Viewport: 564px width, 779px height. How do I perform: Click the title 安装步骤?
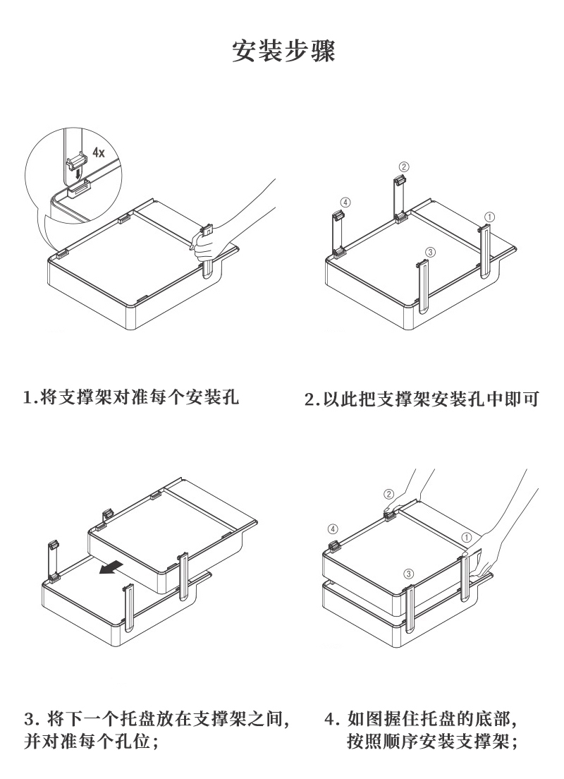(x=283, y=52)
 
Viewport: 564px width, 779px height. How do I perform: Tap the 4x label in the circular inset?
(x=99, y=152)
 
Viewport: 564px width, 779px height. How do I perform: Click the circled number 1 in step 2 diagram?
(x=490, y=216)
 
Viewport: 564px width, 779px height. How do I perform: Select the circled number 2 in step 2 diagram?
(x=403, y=167)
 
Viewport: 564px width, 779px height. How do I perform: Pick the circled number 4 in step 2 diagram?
(x=344, y=203)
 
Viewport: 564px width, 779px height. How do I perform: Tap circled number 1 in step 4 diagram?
(x=466, y=537)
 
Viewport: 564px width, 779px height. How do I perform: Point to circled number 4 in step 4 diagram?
(x=333, y=529)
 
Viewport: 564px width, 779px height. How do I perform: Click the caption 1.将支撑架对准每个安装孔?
(x=131, y=397)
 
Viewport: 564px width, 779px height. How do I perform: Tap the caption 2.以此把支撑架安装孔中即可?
(x=422, y=399)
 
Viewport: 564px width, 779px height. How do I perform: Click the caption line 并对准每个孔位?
(x=90, y=743)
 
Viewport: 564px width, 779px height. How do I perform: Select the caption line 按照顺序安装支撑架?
(x=433, y=743)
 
